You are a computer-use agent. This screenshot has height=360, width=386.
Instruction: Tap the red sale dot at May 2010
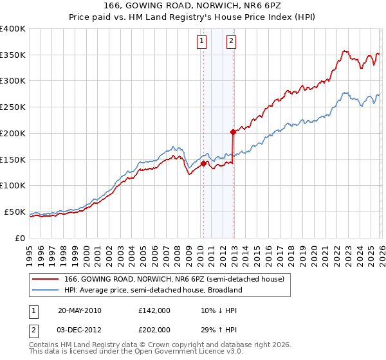tap(203, 163)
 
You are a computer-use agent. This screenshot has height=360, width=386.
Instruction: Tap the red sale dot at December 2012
tap(233, 132)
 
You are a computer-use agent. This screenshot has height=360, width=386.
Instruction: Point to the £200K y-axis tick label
tap(13, 133)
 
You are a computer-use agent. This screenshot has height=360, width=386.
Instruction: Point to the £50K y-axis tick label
tap(15, 212)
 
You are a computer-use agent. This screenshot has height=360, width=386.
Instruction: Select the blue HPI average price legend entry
tap(153, 290)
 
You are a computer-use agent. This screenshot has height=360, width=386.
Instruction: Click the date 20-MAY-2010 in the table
tap(80, 310)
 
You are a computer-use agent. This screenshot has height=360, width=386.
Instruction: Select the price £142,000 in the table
tap(154, 310)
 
